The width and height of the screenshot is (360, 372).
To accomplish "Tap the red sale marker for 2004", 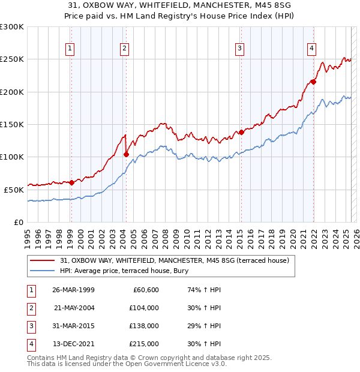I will (x=126, y=154).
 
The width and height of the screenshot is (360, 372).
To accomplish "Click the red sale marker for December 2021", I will (x=313, y=82).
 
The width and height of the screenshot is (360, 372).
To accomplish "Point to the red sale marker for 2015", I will (x=241, y=132).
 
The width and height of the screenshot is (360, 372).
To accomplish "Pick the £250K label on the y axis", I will (x=12, y=59).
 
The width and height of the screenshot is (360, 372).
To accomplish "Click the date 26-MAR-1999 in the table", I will (x=73, y=290).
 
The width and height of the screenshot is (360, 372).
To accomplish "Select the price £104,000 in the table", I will (x=144, y=308).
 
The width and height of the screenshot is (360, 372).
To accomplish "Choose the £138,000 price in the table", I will (x=144, y=326).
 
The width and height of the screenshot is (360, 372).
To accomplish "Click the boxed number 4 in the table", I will (x=31, y=344).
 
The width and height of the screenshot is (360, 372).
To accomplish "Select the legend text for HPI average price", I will (x=124, y=271).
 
